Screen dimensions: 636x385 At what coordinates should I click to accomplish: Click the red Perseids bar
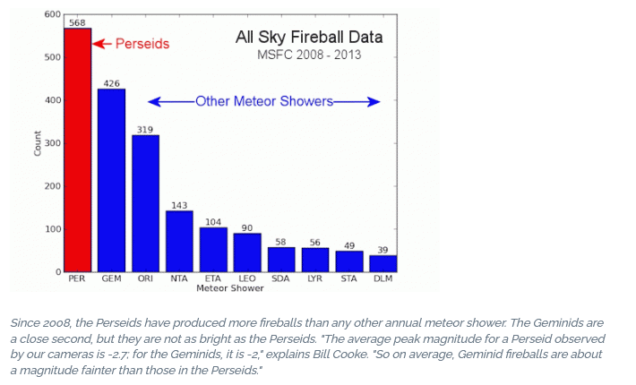pos(77,150)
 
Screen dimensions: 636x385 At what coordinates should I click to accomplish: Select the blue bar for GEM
pos(112,180)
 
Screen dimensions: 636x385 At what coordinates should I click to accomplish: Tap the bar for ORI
pos(145,203)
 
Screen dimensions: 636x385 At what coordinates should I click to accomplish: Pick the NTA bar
pos(179,241)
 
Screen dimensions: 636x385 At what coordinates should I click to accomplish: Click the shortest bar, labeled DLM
pos(382,263)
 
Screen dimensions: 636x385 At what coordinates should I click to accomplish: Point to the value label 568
pos(77,22)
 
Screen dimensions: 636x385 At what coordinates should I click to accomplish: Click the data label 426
pos(111,83)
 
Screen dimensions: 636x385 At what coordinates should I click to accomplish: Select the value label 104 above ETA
pos(213,222)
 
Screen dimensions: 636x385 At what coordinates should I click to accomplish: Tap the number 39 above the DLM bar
pos(382,250)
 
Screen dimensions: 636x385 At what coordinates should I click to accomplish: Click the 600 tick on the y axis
pos(53,14)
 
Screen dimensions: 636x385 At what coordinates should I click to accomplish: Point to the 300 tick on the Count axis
pos(53,143)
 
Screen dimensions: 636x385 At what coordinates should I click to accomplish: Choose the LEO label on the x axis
pos(247,278)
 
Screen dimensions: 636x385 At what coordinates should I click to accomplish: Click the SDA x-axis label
pos(280,278)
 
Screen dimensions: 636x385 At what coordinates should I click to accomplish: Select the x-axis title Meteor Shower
pos(230,288)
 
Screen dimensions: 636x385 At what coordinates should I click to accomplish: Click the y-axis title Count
pos(38,143)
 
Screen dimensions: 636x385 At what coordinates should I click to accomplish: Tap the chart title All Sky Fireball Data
pos(309,38)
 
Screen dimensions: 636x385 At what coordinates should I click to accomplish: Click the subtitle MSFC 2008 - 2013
pos(309,55)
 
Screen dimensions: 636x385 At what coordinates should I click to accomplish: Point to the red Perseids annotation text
pos(142,44)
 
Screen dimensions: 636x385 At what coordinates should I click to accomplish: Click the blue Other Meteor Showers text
pos(264,101)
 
